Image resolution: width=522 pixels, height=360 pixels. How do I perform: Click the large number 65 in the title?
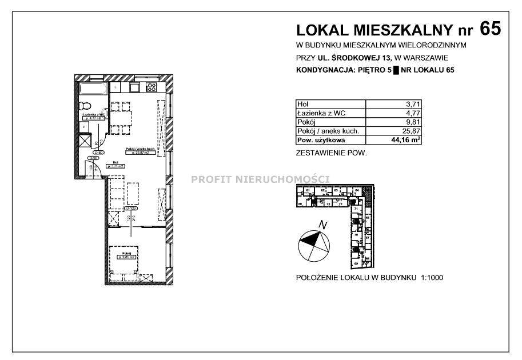pyautogui.click(x=490, y=29)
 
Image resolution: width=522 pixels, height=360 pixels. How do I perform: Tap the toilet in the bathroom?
pyautogui.click(x=86, y=106)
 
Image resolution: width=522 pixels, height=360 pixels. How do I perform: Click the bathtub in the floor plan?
pyautogui.click(x=93, y=89)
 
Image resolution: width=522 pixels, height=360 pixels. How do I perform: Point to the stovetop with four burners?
pyautogui.click(x=152, y=87)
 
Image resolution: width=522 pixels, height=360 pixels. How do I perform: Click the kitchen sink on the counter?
pyautogui.click(x=134, y=87)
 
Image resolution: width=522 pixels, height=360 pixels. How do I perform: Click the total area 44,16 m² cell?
pyautogui.click(x=406, y=139)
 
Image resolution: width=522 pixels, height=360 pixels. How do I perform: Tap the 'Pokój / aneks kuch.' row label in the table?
pyautogui.click(x=328, y=131)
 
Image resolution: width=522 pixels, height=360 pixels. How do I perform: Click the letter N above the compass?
pyautogui.click(x=323, y=225)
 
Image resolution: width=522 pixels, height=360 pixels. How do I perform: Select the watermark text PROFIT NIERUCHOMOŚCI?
pyautogui.click(x=260, y=179)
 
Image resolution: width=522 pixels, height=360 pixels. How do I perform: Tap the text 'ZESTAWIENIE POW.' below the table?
pyautogui.click(x=330, y=153)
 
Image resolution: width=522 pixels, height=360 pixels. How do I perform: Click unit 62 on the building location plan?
pyautogui.click(x=324, y=190)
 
